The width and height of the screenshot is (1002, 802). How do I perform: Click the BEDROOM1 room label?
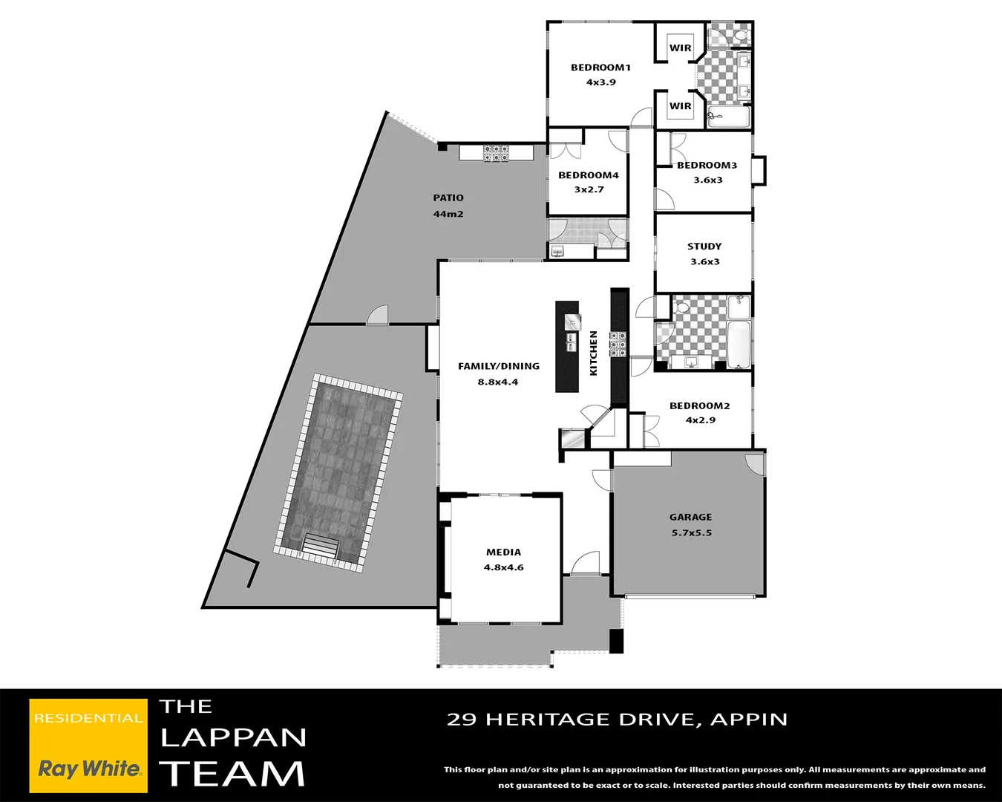tap(600, 68)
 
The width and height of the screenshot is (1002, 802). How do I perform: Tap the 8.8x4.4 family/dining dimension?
tap(498, 382)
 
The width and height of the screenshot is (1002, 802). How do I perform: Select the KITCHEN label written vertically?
tap(593, 353)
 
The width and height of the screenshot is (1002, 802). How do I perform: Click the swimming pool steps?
tap(320, 547)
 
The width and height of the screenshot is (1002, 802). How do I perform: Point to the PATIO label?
tap(448, 198)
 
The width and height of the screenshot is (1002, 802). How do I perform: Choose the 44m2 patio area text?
tap(448, 214)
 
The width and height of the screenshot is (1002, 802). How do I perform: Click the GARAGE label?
tap(690, 518)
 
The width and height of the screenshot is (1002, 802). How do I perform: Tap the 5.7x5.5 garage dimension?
tap(691, 533)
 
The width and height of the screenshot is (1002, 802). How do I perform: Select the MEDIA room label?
tap(503, 552)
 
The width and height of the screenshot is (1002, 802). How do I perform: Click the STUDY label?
tap(704, 247)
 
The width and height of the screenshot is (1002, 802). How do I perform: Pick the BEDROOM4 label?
tap(589, 175)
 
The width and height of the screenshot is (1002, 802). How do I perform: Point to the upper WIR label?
tap(680, 48)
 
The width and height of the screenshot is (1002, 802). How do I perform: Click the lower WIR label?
tap(680, 106)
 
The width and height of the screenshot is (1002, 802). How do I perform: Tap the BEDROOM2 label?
tap(699, 406)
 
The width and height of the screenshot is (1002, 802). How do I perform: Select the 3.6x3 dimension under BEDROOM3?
tap(707, 180)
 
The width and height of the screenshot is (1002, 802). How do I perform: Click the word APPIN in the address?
tap(749, 720)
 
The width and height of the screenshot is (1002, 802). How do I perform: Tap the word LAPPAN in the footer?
tap(233, 737)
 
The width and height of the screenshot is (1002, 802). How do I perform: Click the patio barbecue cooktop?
tap(496, 154)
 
